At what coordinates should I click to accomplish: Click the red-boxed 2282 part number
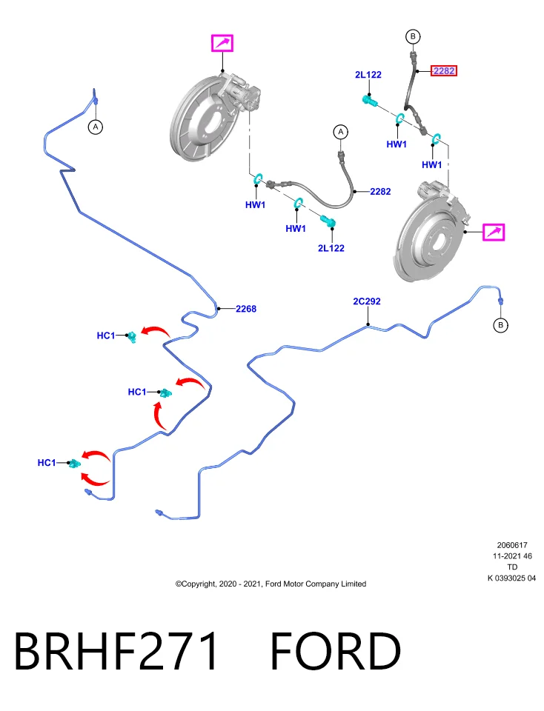click(x=443, y=71)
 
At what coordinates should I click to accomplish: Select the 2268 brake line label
click(x=246, y=309)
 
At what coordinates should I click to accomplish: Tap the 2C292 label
click(x=367, y=301)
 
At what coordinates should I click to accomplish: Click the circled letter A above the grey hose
click(x=341, y=132)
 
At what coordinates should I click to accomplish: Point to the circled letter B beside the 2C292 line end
click(x=500, y=325)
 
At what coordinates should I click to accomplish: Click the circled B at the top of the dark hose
click(x=413, y=36)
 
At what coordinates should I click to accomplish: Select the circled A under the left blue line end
click(x=96, y=127)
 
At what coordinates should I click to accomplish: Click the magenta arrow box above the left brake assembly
click(x=222, y=43)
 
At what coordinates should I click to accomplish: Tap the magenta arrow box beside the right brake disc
click(x=494, y=232)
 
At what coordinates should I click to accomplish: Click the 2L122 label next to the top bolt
click(x=368, y=74)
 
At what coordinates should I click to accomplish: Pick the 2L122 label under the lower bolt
click(x=331, y=248)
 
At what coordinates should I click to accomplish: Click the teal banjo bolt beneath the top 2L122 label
click(x=371, y=101)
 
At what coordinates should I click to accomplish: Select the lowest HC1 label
click(x=46, y=462)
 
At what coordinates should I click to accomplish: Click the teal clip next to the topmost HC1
click(x=132, y=336)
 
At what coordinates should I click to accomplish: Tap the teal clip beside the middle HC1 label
click(x=166, y=393)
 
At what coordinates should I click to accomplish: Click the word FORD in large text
click(x=336, y=651)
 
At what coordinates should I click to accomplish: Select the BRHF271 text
click(x=116, y=651)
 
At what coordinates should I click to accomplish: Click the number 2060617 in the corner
click(x=512, y=545)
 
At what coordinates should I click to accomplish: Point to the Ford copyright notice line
click(x=271, y=584)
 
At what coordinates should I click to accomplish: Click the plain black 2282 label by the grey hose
click(x=380, y=191)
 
